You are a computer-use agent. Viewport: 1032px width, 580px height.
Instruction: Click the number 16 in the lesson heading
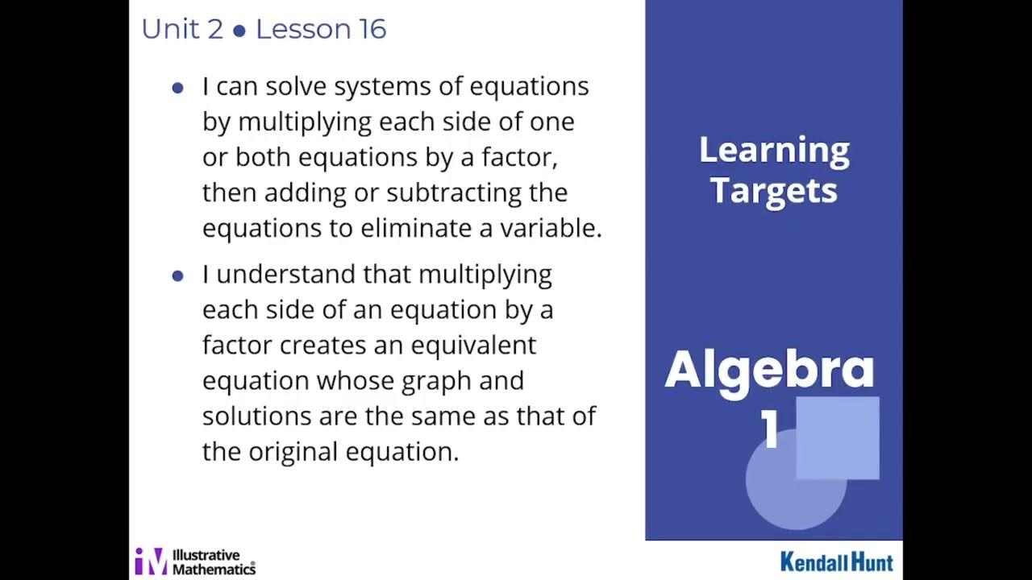click(x=370, y=30)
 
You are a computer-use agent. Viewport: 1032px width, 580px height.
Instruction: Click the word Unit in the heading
click(x=169, y=30)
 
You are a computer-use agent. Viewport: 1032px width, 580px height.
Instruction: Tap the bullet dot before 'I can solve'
click(x=178, y=88)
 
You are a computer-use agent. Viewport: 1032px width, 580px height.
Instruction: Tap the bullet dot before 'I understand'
click(x=178, y=276)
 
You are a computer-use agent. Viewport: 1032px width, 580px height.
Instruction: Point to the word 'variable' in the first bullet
click(x=558, y=229)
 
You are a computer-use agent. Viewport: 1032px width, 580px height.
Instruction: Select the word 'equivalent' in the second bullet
click(x=473, y=346)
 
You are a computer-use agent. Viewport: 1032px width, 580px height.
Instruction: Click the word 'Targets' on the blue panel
click(x=773, y=191)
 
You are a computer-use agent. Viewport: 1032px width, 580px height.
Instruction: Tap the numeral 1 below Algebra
click(x=770, y=431)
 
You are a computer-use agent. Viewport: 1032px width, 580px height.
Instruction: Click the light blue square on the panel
click(x=838, y=437)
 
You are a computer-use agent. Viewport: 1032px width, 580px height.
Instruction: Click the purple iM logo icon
click(x=151, y=561)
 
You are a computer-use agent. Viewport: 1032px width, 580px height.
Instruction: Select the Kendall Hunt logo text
click(x=836, y=561)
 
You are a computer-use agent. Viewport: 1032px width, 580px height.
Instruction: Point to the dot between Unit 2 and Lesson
click(x=239, y=31)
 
